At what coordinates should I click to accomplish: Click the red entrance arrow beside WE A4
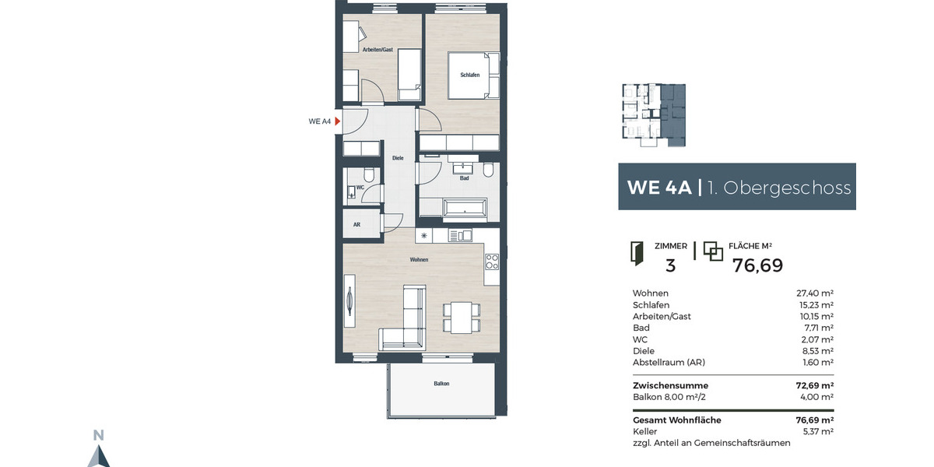coord(338,121)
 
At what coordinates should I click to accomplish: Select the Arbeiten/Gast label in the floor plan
coord(377,50)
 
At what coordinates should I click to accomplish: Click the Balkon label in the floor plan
coord(441,384)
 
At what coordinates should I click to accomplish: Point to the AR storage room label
coord(356,224)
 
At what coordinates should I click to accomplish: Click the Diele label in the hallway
coord(397,158)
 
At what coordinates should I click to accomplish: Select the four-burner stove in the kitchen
coord(491,262)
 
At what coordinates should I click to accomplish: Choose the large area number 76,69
coord(757,265)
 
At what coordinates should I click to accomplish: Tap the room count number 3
coord(670,265)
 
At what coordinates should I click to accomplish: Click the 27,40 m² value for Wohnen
coord(815,293)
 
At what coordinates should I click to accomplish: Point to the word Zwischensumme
coord(671,385)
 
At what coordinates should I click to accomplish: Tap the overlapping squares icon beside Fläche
coord(713,251)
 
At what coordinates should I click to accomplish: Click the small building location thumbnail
coord(653,114)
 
